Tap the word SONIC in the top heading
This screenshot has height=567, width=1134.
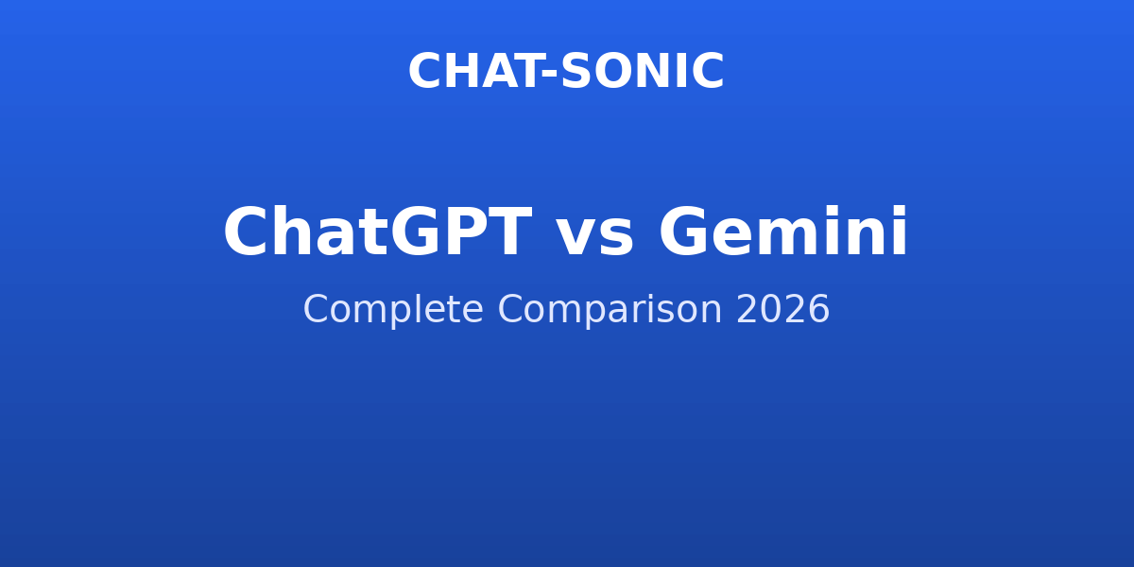click(642, 72)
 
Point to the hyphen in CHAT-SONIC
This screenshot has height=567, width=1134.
click(549, 75)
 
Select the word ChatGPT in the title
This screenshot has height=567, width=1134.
click(378, 232)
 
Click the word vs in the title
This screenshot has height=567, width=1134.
click(594, 238)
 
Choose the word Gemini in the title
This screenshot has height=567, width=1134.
click(783, 231)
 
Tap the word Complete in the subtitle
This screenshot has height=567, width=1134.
click(393, 309)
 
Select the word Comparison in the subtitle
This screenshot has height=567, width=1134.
click(610, 309)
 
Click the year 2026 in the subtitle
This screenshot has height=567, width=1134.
click(782, 309)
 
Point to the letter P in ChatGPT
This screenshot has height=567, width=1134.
click(465, 232)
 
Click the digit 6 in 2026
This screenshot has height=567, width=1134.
click(818, 309)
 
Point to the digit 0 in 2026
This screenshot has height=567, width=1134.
click(771, 309)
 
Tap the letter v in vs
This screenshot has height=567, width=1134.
click(576, 238)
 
